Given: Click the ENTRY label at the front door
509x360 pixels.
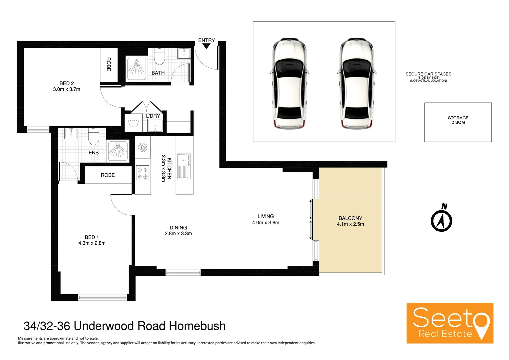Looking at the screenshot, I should click(x=207, y=40).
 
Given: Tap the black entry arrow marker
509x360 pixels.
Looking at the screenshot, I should click(x=207, y=46).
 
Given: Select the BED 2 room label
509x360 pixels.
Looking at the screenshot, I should click(x=67, y=83).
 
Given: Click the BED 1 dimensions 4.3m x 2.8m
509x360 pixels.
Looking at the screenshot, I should click(x=92, y=243).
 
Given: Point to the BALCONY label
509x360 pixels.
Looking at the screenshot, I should click(x=350, y=218).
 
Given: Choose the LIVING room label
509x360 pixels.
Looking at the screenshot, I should click(x=265, y=216).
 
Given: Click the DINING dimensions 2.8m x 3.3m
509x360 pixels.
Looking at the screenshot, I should click(x=178, y=234).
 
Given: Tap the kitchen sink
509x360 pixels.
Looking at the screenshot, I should click(x=184, y=166).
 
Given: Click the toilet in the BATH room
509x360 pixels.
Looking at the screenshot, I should click(x=160, y=57).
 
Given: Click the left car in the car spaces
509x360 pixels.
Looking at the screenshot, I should click(x=288, y=84).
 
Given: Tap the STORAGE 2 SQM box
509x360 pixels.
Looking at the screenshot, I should click(x=458, y=122).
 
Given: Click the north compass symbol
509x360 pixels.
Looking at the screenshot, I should click(x=441, y=219).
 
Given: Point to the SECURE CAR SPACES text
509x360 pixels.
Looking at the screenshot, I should click(x=428, y=74).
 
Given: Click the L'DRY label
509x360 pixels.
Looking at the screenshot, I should click(x=153, y=116).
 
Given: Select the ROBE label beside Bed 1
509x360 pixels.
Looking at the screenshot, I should click(x=108, y=175).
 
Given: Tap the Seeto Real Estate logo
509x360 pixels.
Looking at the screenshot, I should click(x=450, y=323).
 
